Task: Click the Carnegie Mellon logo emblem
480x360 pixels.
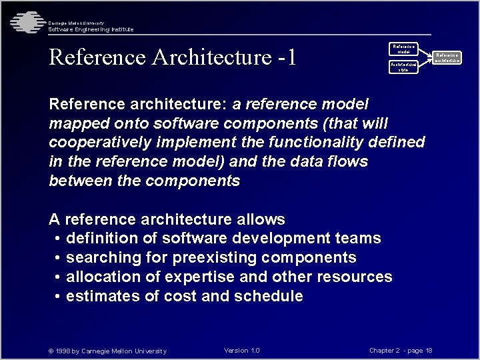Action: coord(25,22)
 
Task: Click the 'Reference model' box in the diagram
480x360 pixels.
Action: coord(403,49)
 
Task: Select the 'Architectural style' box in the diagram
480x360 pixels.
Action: coord(403,67)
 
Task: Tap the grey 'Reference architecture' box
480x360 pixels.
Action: coord(447,57)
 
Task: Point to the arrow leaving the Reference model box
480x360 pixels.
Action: coord(425,52)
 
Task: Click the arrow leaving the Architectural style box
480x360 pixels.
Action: coord(425,63)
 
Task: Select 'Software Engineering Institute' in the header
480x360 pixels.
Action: coord(91,29)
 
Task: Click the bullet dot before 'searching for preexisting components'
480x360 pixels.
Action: coord(59,258)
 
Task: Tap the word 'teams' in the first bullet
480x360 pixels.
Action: coord(358,239)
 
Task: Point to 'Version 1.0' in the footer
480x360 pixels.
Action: coord(242,351)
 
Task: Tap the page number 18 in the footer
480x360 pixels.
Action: coord(429,351)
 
